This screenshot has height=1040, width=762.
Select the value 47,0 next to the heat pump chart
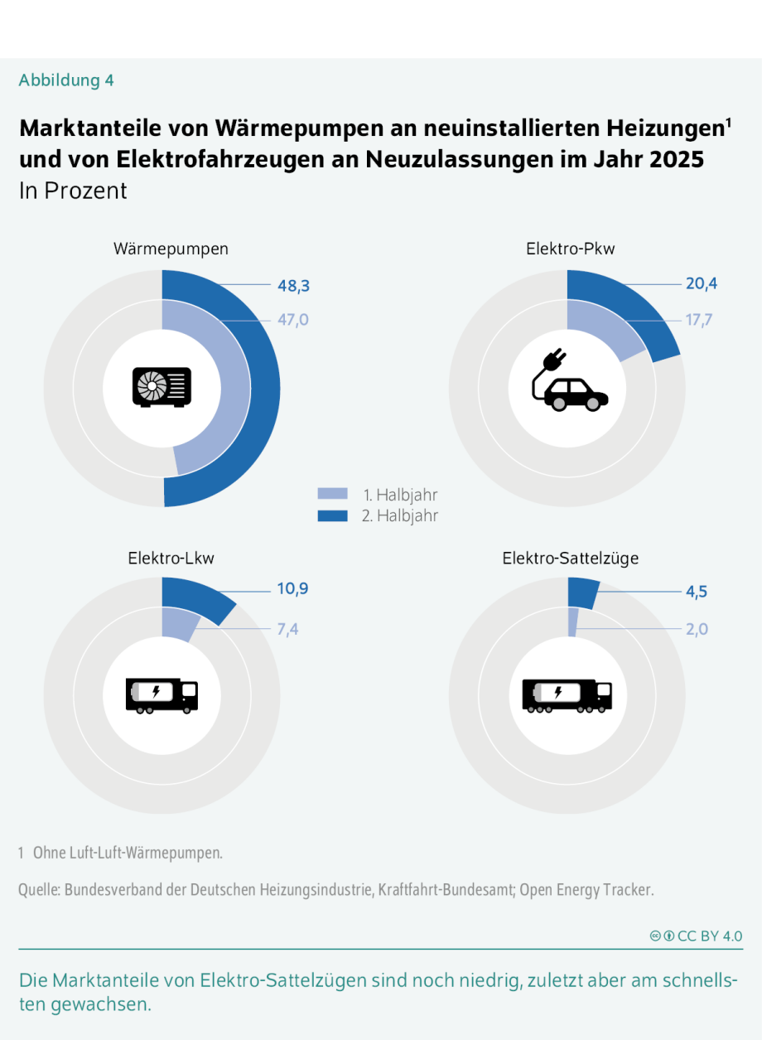tap(292, 320)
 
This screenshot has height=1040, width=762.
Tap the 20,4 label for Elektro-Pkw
tap(701, 284)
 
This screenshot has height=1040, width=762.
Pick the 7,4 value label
tap(287, 629)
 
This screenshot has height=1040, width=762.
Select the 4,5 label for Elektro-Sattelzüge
tap(697, 592)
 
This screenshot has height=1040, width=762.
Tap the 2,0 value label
tap(697, 629)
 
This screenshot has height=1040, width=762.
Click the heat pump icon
tap(162, 387)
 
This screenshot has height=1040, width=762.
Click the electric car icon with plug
tap(568, 382)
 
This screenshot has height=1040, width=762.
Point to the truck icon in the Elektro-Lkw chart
tap(162, 694)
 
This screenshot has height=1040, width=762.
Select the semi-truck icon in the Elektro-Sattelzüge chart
tap(567, 694)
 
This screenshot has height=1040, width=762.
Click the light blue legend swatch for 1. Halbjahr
tap(332, 495)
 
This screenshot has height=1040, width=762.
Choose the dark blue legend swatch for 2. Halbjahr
tap(332, 515)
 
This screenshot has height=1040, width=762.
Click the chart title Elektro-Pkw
tap(571, 249)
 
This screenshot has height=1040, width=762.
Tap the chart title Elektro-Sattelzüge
tap(570, 559)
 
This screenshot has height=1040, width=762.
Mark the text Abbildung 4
tap(66, 80)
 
